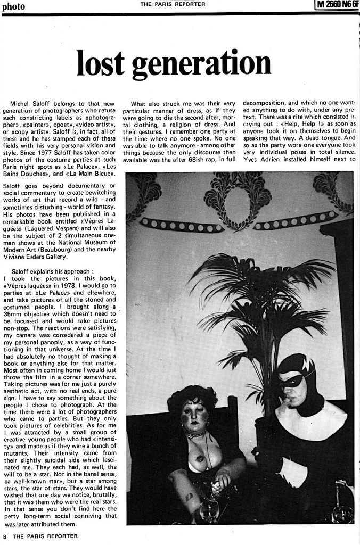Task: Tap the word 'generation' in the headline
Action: pos(201,64)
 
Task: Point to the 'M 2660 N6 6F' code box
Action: pos(337,5)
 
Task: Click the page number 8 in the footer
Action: pos(5,536)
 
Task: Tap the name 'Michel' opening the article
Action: pos(20,103)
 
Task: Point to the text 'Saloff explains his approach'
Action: pos(52,270)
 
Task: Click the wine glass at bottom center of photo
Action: pos(209,510)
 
